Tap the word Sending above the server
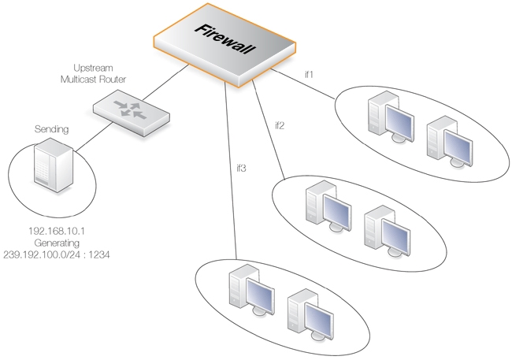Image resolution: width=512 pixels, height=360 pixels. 51,128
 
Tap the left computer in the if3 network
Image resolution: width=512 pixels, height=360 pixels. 247,291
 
